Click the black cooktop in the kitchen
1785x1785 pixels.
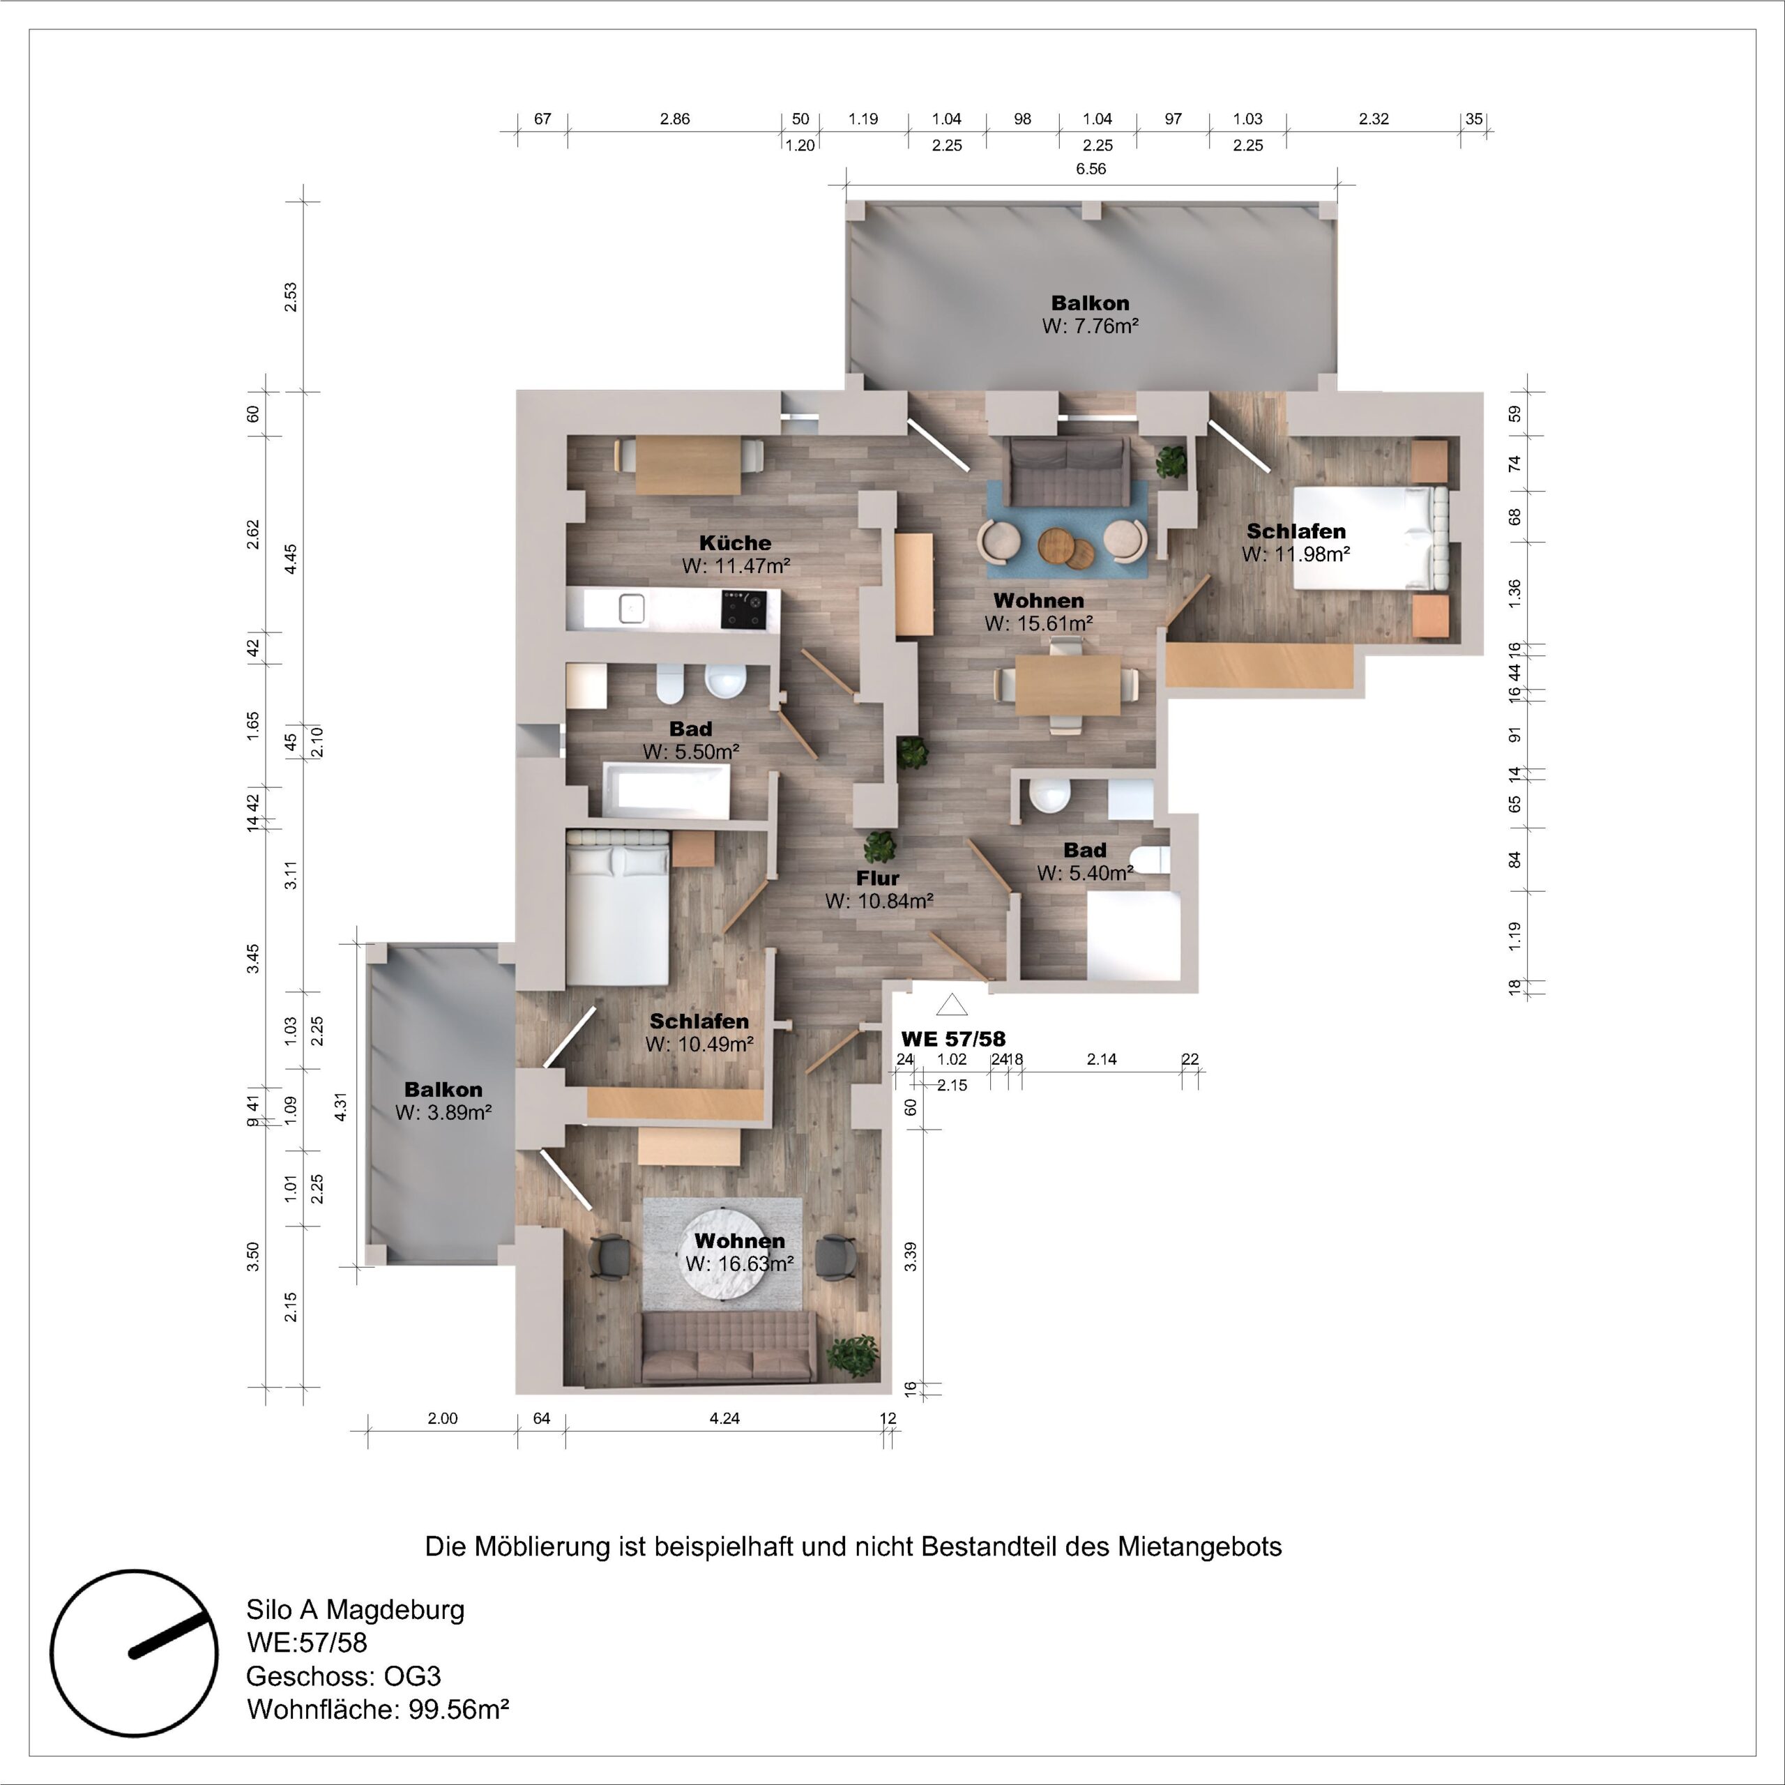pyautogui.click(x=744, y=609)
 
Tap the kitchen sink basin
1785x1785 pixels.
pyautogui.click(x=632, y=608)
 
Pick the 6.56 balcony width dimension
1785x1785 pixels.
pyautogui.click(x=1091, y=169)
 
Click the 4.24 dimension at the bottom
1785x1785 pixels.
pyautogui.click(x=724, y=1418)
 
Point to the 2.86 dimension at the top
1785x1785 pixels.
pyautogui.click(x=674, y=119)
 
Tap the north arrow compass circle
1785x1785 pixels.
pyautogui.click(x=134, y=1652)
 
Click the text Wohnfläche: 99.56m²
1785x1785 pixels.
pyautogui.click(x=378, y=1708)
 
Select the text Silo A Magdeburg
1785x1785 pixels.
pyautogui.click(x=356, y=1611)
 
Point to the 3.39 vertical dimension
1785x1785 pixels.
pyautogui.click(x=911, y=1256)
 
